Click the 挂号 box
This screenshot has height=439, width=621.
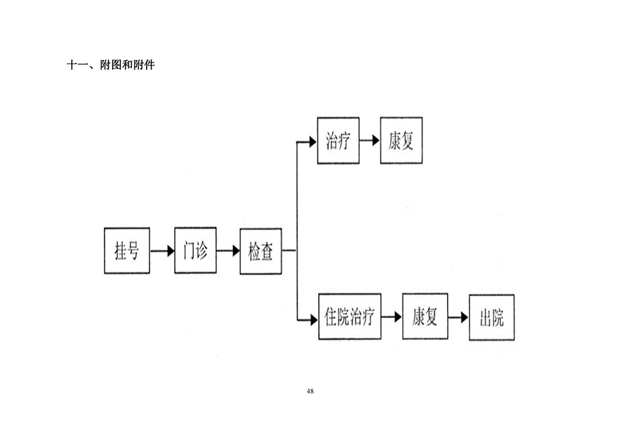127,251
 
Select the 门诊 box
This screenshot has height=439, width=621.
195,251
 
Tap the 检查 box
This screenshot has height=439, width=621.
261,251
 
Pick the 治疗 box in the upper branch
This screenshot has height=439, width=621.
338,141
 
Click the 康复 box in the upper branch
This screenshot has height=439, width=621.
401,141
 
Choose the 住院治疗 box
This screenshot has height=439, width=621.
349,317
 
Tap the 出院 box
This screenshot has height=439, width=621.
492,317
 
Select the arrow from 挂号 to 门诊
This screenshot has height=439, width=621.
162,251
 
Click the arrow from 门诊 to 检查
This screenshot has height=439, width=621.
228,251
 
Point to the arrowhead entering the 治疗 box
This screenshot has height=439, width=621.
313,142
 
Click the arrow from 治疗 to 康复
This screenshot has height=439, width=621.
370,141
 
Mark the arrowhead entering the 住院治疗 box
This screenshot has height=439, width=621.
313,317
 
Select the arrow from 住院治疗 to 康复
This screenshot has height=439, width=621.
391,317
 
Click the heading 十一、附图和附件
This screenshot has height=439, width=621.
111,66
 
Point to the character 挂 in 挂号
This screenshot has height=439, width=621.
120,251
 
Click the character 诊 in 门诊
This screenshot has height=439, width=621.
202,251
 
